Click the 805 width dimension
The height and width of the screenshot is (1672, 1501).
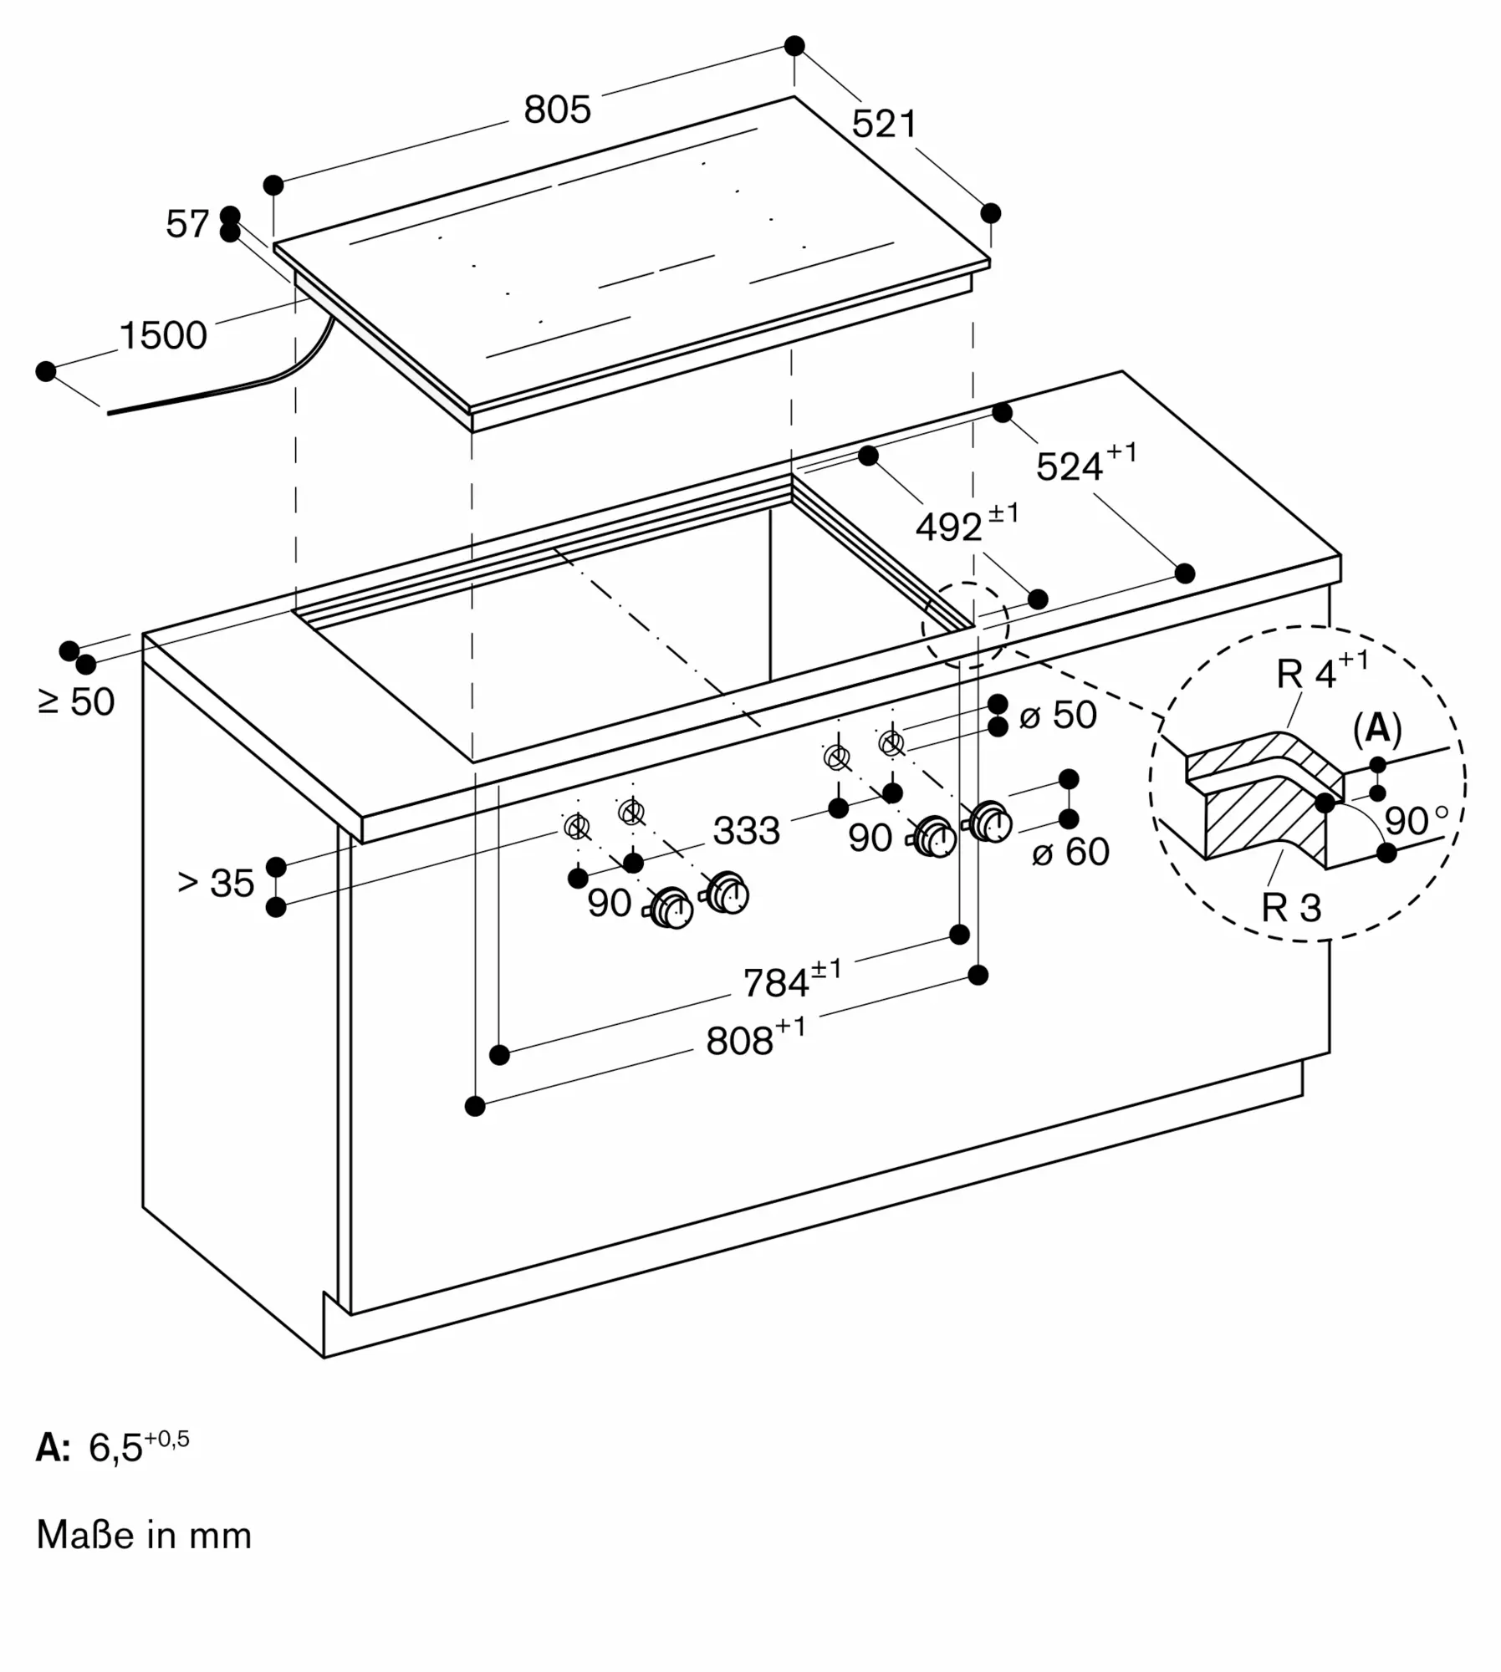pos(557,110)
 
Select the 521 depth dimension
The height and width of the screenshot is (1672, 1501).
pos(884,125)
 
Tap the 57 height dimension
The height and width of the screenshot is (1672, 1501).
pos(186,224)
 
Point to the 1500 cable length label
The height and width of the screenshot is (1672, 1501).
pos(163,335)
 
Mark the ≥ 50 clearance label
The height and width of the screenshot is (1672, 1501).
pos(76,702)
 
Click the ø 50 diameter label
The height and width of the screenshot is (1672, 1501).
pos(1058,716)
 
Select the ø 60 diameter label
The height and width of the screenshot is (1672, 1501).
pos(1070,852)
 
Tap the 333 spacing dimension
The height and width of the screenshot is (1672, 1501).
pos(746,831)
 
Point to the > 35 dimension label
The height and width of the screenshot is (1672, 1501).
pos(216,884)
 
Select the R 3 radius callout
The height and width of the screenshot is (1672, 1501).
pos(1291,908)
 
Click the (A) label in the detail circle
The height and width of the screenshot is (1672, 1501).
pos(1376,729)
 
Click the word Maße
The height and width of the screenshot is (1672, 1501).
pos(85,1536)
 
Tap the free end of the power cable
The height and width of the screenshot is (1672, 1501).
pos(110,412)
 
